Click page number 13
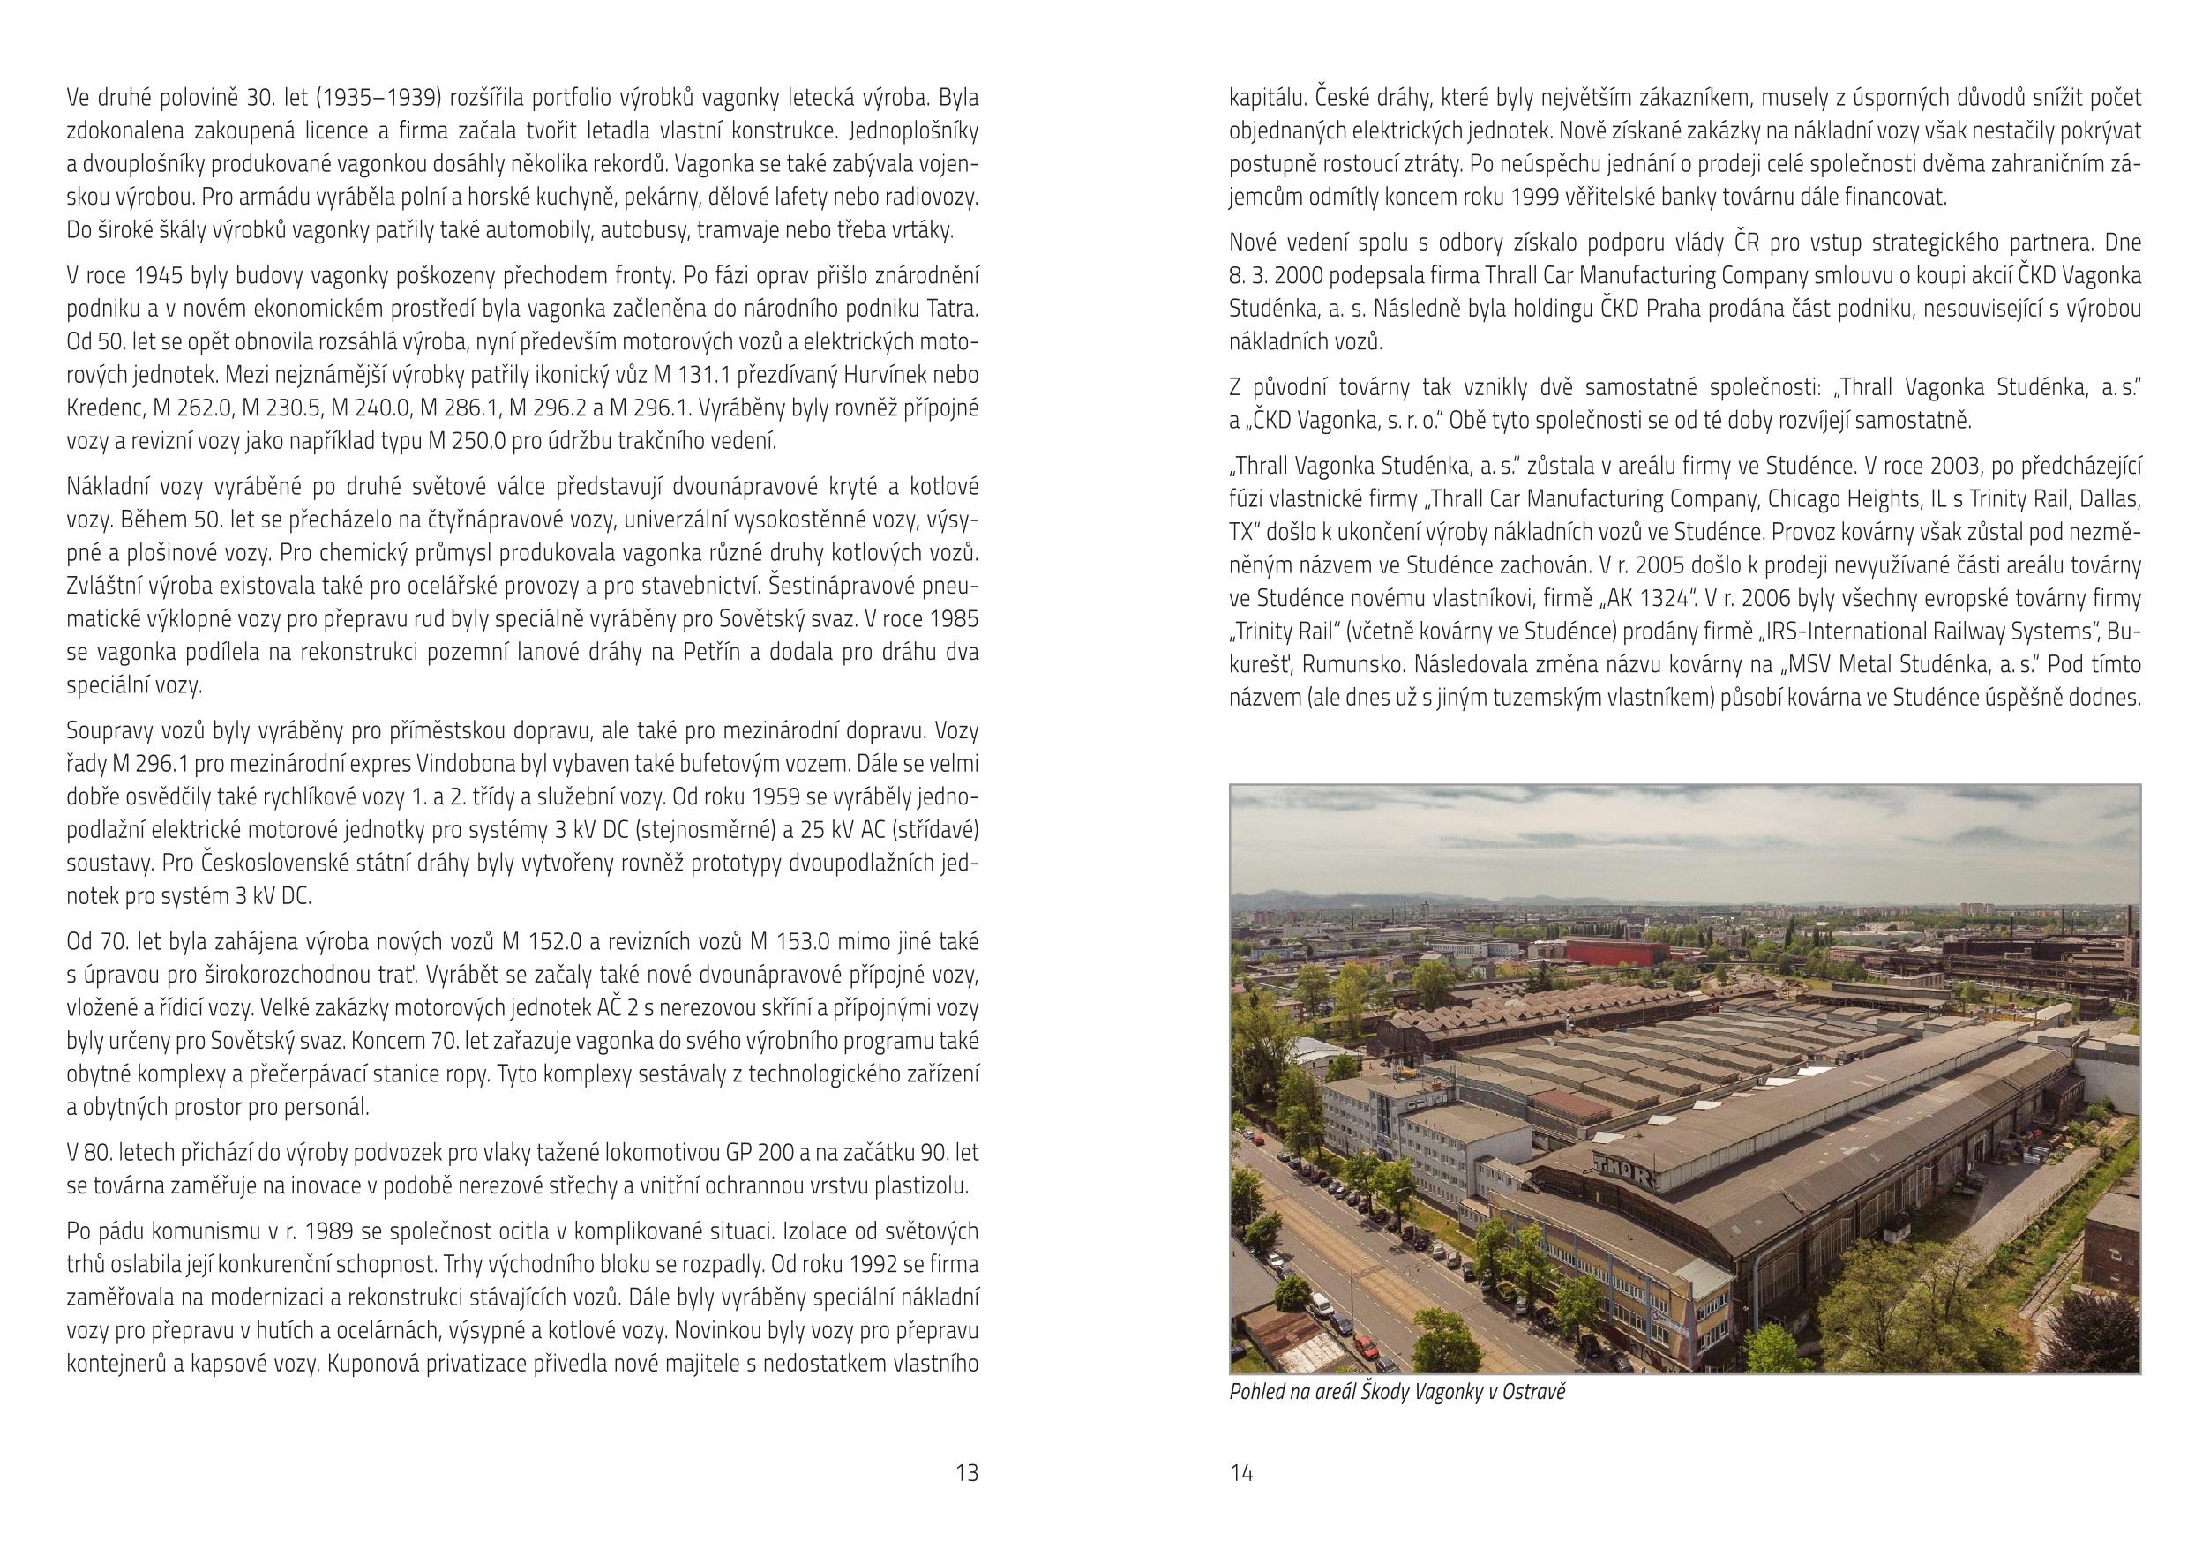point(966,1472)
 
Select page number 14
point(1241,1472)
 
